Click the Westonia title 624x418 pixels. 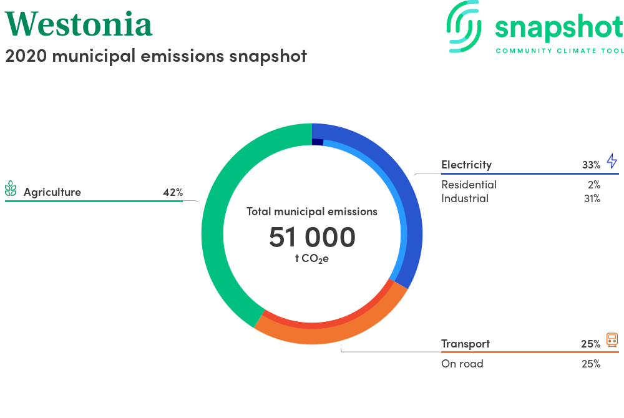pyautogui.click(x=79, y=24)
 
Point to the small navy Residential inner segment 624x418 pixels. pyautogui.click(x=318, y=142)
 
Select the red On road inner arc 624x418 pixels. pyautogui.click(x=330, y=324)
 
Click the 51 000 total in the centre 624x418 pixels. pyautogui.click(x=312, y=237)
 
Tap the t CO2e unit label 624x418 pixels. pyautogui.click(x=311, y=258)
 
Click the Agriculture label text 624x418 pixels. pyautogui.click(x=52, y=192)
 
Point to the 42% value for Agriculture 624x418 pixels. pyautogui.click(x=173, y=193)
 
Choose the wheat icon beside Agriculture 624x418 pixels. pyautogui.click(x=11, y=188)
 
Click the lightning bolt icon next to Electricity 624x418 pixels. pyautogui.click(x=612, y=161)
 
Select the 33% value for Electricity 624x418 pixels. pyautogui.click(x=591, y=165)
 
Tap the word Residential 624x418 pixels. pyautogui.click(x=469, y=185)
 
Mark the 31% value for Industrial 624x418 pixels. pyautogui.click(x=592, y=198)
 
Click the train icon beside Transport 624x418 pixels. pyautogui.click(x=612, y=340)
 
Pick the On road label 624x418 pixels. pyautogui.click(x=462, y=364)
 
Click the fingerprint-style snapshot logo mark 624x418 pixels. pyautogui.click(x=464, y=27)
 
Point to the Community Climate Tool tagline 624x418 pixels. pyautogui.click(x=560, y=51)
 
